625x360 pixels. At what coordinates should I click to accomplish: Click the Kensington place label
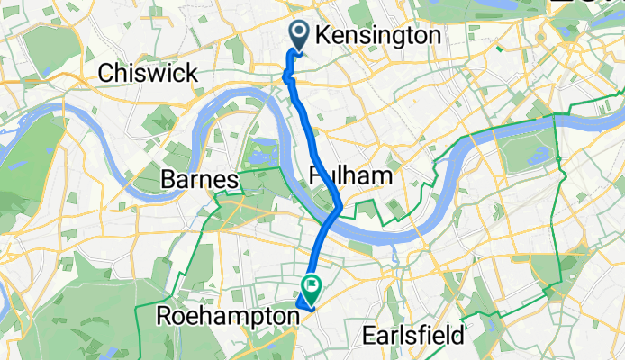[380, 35]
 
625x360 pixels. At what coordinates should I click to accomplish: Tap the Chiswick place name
[149, 73]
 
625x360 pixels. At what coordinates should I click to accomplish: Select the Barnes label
[199, 180]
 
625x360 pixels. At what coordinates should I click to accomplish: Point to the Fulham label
[352, 175]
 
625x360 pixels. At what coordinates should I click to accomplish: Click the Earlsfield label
[428, 336]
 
